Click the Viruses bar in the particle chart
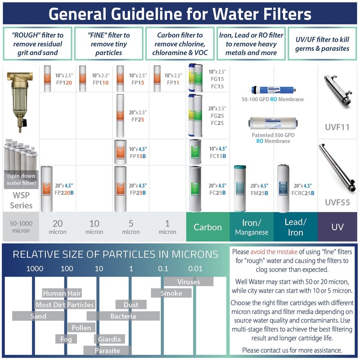click(x=188, y=282)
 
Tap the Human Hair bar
click(x=62, y=293)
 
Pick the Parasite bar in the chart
click(x=107, y=350)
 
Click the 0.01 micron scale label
click(x=195, y=269)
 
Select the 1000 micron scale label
click(x=35, y=269)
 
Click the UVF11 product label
click(x=337, y=127)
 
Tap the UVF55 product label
click(x=337, y=202)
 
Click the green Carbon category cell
click(x=207, y=227)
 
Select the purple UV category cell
click(x=337, y=227)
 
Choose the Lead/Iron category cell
click(x=295, y=227)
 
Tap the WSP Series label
click(x=21, y=201)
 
